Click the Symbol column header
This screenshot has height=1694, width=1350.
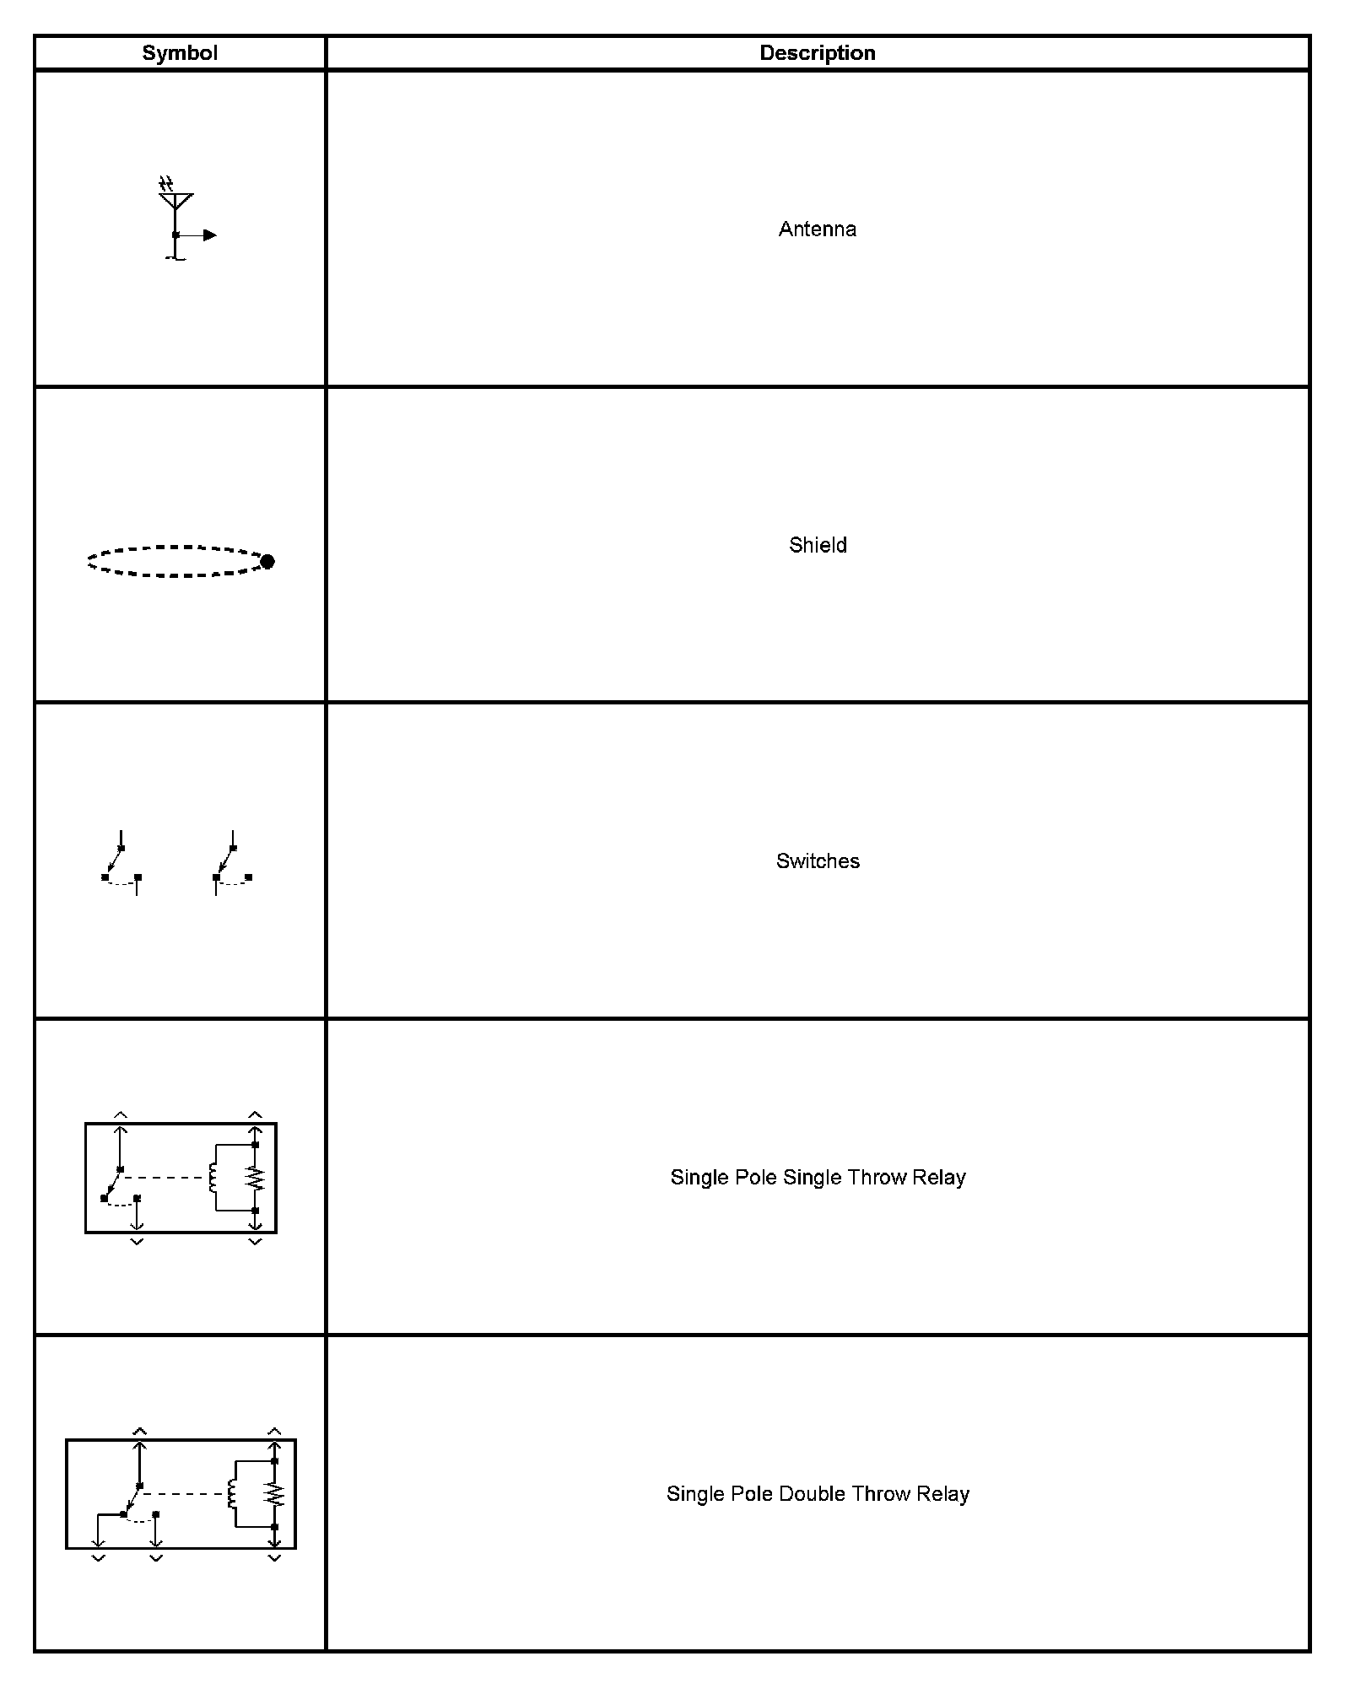(180, 53)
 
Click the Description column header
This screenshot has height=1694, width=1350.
(817, 53)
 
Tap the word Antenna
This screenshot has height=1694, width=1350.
(817, 229)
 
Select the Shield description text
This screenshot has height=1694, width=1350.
(818, 545)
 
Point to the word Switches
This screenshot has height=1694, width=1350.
(818, 861)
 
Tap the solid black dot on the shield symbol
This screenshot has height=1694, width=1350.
(267, 562)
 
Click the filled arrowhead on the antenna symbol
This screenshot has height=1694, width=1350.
(210, 235)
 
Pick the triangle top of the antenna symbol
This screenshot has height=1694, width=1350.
(175, 201)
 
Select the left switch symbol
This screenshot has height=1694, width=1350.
(121, 864)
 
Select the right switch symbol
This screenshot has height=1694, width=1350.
(232, 864)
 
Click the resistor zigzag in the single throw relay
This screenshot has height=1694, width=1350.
(255, 1178)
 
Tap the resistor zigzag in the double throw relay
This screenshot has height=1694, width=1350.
(274, 1495)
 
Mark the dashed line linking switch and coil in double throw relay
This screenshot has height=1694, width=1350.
(184, 1494)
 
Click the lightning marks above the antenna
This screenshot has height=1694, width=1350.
(166, 183)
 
